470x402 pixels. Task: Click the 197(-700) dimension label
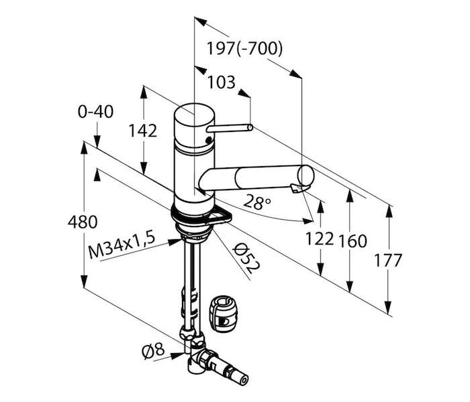click(x=245, y=48)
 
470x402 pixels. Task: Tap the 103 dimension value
click(x=222, y=82)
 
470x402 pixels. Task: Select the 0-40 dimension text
click(x=95, y=112)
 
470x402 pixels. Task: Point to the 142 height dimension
click(x=142, y=131)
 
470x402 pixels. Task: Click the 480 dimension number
click(x=83, y=222)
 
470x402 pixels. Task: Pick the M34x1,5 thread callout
click(x=122, y=245)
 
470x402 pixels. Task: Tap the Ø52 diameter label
click(x=246, y=258)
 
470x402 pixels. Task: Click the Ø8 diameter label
click(x=153, y=351)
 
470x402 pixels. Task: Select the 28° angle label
click(x=256, y=202)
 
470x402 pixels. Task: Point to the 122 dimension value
click(x=320, y=239)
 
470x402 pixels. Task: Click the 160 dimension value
click(x=352, y=241)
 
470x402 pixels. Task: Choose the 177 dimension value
click(x=387, y=260)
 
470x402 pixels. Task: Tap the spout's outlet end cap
click(x=305, y=176)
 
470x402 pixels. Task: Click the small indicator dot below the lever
click(x=209, y=139)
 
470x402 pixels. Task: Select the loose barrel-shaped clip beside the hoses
click(x=222, y=314)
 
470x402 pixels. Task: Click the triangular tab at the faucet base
click(x=220, y=216)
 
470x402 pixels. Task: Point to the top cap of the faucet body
click(x=194, y=114)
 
